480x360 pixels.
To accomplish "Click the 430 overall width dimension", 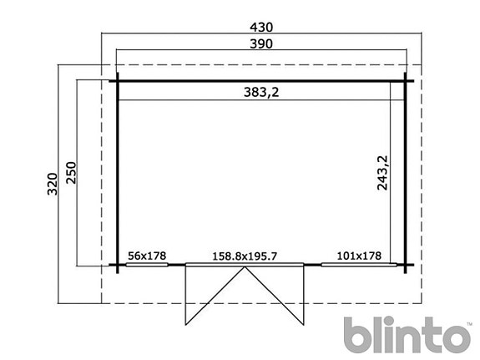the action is click(261, 28).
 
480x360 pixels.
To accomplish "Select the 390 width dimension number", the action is click(261, 43).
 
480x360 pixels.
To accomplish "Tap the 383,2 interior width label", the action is click(261, 92).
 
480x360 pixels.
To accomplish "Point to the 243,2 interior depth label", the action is click(382, 173).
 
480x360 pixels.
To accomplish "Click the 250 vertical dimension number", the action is click(71, 173).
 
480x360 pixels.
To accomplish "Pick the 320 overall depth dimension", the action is click(53, 184).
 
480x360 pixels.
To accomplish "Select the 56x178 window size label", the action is click(147, 256).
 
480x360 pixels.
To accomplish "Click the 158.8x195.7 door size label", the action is click(245, 256).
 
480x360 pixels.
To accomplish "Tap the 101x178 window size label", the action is click(359, 256).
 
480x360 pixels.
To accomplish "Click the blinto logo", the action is click(407, 335).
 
